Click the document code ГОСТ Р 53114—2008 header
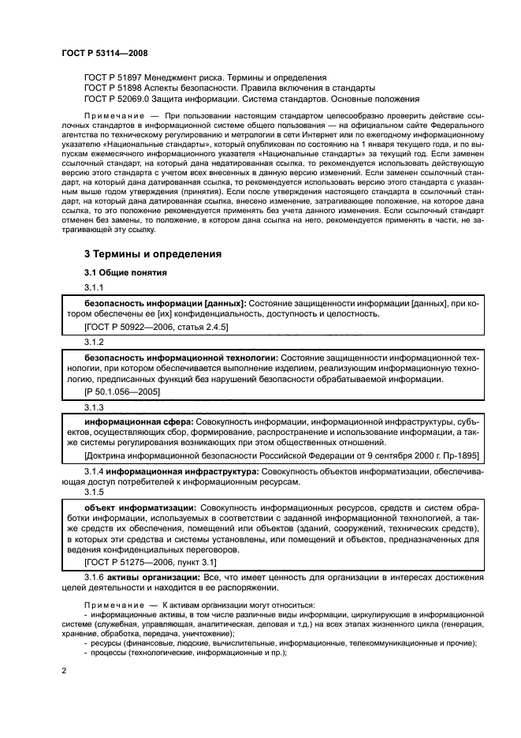104,53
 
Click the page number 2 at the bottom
65,670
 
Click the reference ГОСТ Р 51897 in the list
114,77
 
